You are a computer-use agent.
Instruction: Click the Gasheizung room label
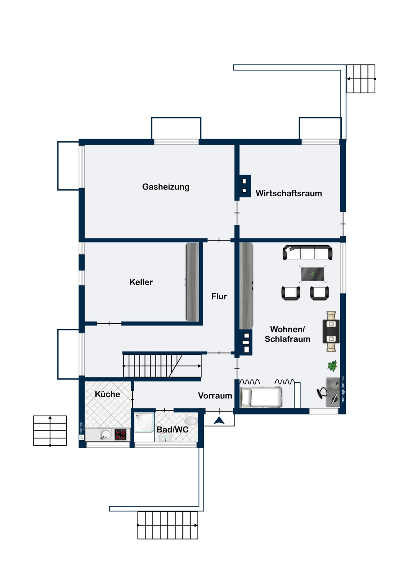[165, 187]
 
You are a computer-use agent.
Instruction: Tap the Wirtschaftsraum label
[288, 193]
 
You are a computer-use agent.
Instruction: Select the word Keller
[141, 282]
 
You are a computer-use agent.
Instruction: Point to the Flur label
[219, 296]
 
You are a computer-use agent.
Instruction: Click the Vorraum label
[215, 396]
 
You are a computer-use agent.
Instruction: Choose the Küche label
[107, 394]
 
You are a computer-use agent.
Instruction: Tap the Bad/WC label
[172, 429]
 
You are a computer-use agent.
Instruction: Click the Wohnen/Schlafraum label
[287, 334]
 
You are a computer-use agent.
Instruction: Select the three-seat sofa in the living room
[308, 253]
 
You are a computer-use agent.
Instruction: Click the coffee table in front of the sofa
[313, 274]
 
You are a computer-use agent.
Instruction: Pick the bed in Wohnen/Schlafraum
[261, 397]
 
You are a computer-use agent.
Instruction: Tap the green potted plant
[332, 366]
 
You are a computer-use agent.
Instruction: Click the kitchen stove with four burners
[120, 435]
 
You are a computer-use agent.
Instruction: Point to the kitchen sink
[105, 435]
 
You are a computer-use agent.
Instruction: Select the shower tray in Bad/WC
[144, 422]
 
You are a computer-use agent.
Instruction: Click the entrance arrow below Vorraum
[219, 421]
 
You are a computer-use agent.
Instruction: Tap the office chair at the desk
[322, 392]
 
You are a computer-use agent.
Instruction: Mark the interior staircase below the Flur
[162, 366]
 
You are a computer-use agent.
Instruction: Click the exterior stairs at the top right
[361, 79]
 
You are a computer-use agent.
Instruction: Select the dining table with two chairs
[331, 331]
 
